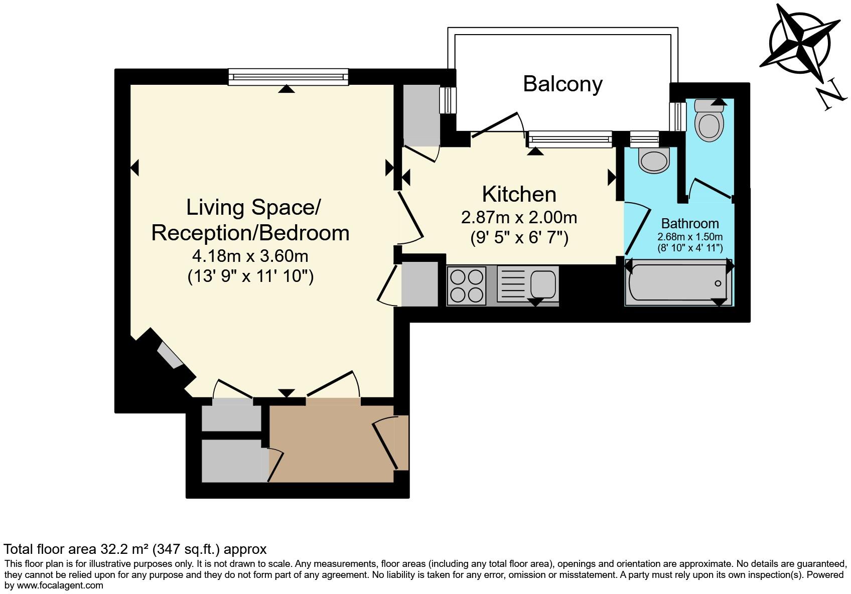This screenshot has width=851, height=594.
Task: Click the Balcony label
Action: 562,84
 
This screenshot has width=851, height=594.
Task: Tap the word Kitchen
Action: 519,194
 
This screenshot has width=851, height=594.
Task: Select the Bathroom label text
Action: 690,223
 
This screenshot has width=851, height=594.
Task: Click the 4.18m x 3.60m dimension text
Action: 250,255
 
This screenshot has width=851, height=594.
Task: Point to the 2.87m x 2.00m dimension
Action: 519,218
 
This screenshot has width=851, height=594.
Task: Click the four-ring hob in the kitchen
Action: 467,285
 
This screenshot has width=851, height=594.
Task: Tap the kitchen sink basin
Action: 543,284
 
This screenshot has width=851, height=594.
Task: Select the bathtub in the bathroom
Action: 678,282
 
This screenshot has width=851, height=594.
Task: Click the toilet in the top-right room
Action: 709,119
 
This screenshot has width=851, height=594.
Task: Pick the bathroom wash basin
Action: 653,160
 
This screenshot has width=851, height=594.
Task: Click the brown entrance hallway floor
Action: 331,443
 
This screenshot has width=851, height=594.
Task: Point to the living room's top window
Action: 289,77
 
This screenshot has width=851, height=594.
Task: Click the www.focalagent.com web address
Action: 60,585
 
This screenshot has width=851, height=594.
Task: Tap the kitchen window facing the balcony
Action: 569,139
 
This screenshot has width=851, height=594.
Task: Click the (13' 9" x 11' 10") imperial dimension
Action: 250,276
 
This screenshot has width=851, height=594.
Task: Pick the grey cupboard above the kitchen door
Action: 421,115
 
